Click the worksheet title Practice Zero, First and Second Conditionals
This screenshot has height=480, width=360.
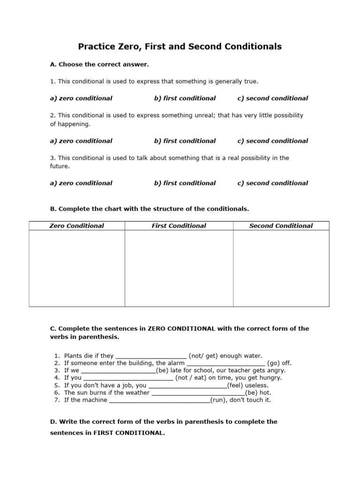(180, 46)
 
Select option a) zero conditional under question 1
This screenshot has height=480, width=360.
(81, 98)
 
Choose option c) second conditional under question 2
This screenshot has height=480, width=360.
(272, 141)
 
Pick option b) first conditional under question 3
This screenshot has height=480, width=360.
(185, 183)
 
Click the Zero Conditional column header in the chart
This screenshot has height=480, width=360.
(77, 226)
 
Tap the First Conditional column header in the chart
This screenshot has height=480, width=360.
(179, 226)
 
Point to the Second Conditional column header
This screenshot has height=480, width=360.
(281, 226)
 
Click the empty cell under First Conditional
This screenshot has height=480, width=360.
(179, 268)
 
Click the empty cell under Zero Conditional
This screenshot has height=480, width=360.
(77, 268)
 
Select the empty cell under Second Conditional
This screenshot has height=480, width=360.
(281, 268)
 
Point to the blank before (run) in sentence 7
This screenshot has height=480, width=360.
(159, 400)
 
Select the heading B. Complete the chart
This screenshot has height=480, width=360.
(150, 209)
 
